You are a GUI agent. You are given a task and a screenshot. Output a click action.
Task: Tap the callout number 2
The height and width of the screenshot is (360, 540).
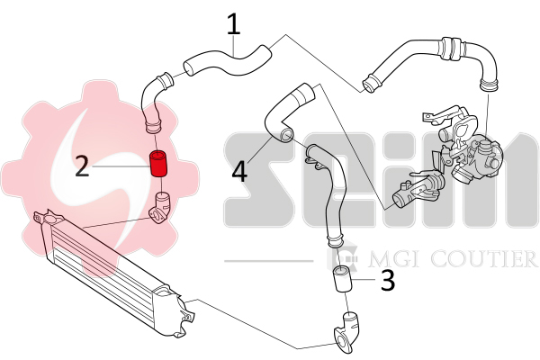[x=82, y=166]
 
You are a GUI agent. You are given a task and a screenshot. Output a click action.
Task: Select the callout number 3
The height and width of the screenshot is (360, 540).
[x=388, y=280]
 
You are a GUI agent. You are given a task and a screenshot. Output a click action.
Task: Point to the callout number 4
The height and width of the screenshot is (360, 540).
[x=240, y=170]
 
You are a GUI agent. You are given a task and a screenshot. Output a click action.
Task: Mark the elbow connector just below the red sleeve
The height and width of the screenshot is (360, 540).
[x=160, y=206]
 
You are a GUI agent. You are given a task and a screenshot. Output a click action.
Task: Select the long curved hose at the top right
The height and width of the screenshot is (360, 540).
[x=432, y=58]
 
